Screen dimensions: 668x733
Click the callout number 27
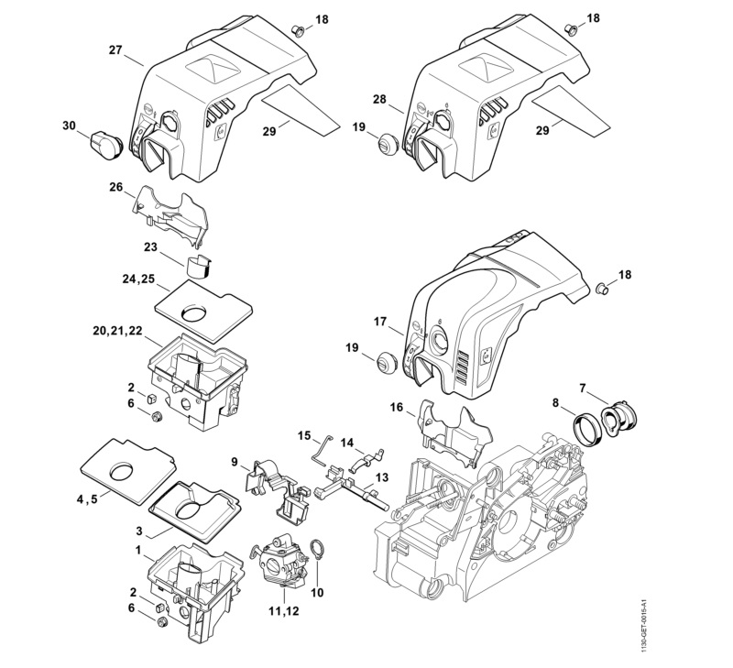pyautogui.click(x=129, y=49)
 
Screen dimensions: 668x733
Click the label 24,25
pyautogui.click(x=137, y=280)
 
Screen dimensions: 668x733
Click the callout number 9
pyautogui.click(x=235, y=461)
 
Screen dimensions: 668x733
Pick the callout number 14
pyautogui.click(x=346, y=442)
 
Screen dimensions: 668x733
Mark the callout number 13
pyautogui.click(x=381, y=476)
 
